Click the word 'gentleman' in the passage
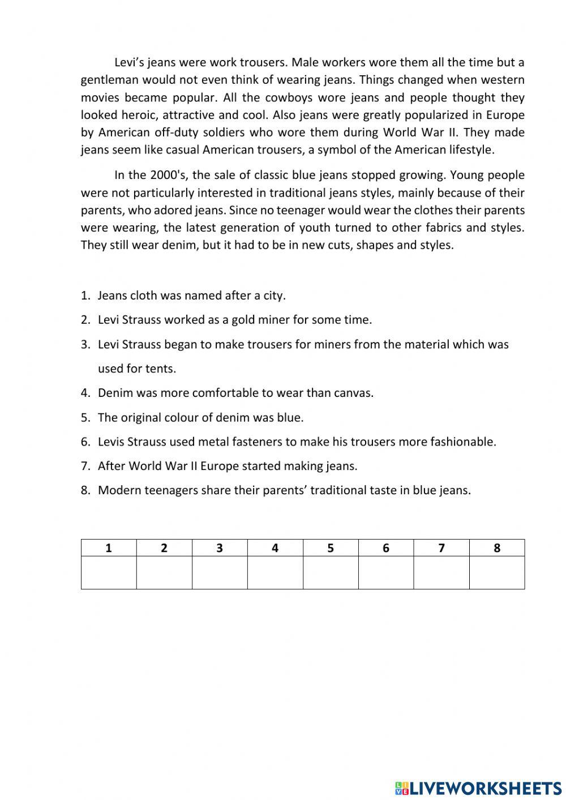click(109, 80)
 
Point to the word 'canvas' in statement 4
click(355, 393)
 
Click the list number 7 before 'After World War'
click(85, 467)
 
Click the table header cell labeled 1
click(109, 548)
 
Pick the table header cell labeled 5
click(331, 548)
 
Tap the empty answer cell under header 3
click(220, 572)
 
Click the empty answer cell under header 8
click(497, 572)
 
